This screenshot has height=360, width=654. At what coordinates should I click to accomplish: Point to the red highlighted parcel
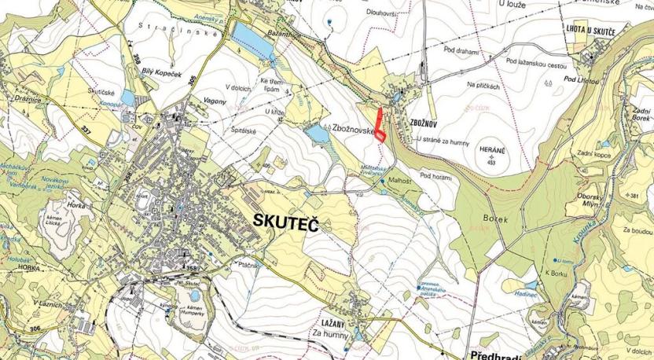tap(380, 127)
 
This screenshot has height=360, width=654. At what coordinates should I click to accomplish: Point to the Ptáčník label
tap(249, 265)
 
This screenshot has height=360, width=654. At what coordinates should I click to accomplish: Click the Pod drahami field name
tap(462, 50)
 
